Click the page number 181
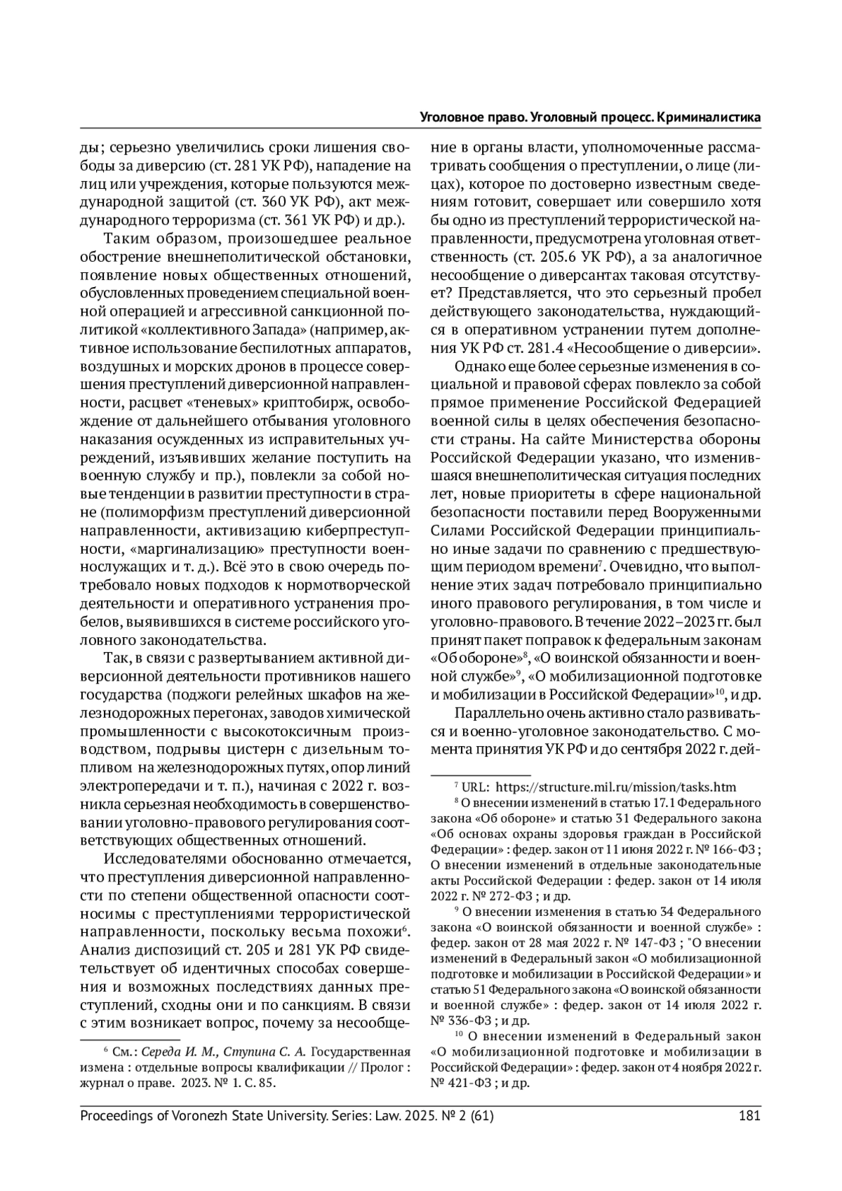(750, 1116)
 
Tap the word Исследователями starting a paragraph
(156, 860)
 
